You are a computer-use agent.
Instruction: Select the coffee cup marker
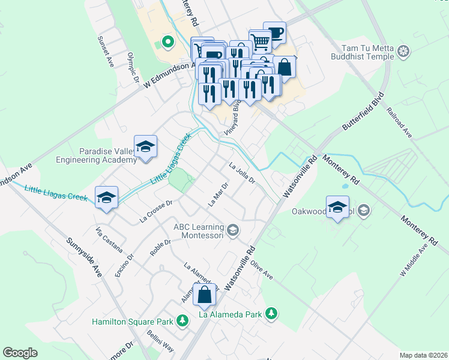click(274, 34)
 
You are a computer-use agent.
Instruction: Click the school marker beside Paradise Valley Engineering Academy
click(145, 147)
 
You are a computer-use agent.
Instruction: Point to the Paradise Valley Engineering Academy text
click(96, 155)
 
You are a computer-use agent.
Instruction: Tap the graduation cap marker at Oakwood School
click(338, 208)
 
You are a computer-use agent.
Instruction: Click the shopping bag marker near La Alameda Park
click(204, 295)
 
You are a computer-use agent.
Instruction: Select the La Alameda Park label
click(230, 313)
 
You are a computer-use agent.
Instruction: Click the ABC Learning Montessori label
click(199, 231)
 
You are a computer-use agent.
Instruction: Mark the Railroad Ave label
click(398, 123)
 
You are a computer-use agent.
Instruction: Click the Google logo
click(20, 353)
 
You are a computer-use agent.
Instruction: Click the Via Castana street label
click(109, 239)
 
